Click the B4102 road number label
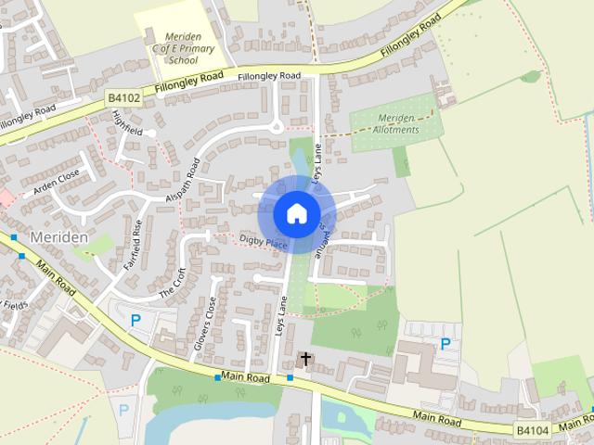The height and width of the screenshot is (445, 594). pyautogui.click(x=123, y=95)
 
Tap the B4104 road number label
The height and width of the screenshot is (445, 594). pyautogui.click(x=532, y=430)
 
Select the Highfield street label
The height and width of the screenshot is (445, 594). pyautogui.click(x=127, y=124)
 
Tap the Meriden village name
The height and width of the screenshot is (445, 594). pyautogui.click(x=59, y=237)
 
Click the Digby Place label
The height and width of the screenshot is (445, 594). pyautogui.click(x=265, y=241)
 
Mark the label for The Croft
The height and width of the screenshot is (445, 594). pyautogui.click(x=173, y=282)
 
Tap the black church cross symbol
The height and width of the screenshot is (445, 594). pyautogui.click(x=305, y=358)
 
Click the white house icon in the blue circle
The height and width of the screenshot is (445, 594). pyautogui.click(x=296, y=213)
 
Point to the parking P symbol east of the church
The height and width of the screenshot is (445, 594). pyautogui.click(x=445, y=344)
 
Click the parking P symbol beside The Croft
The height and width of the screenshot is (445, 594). pyautogui.click(x=136, y=321)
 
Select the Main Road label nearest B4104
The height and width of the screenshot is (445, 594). pyautogui.click(x=437, y=421)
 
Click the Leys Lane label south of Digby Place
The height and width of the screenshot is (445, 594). pyautogui.click(x=281, y=315)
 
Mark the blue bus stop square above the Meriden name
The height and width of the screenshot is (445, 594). pyautogui.click(x=14, y=237)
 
